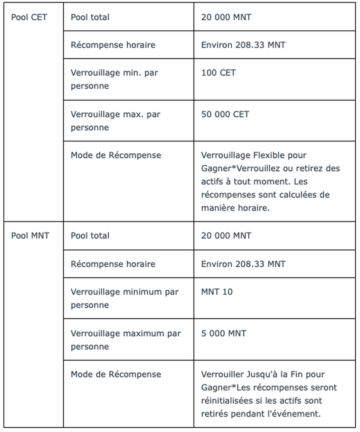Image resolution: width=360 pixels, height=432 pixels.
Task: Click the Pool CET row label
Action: [29, 17]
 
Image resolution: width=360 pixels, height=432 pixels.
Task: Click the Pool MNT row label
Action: [30, 236]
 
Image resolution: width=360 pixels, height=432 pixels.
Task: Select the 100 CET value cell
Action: [219, 73]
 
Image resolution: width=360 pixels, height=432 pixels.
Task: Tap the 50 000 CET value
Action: [225, 114]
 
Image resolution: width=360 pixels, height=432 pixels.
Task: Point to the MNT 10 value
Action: [217, 292]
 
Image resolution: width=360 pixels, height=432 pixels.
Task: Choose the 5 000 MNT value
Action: [223, 333]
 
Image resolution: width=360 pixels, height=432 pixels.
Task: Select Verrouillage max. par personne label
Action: [115, 121]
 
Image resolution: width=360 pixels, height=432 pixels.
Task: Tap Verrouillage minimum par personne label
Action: [125, 298]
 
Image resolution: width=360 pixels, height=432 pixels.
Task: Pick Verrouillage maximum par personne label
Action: [125, 340]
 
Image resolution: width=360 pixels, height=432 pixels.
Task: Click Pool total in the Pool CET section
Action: [90, 17]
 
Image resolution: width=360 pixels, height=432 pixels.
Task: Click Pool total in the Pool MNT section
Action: [90, 236]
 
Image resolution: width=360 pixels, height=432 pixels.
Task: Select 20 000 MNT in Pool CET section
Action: [226, 17]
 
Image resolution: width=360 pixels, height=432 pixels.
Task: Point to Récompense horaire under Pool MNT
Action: [113, 264]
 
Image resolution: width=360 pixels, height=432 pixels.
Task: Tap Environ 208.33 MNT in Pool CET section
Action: [243, 45]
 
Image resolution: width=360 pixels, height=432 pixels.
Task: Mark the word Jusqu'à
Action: [262, 374]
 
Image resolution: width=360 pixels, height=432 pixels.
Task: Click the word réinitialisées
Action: [226, 401]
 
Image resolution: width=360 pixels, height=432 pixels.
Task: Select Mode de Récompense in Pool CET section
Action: [116, 155]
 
